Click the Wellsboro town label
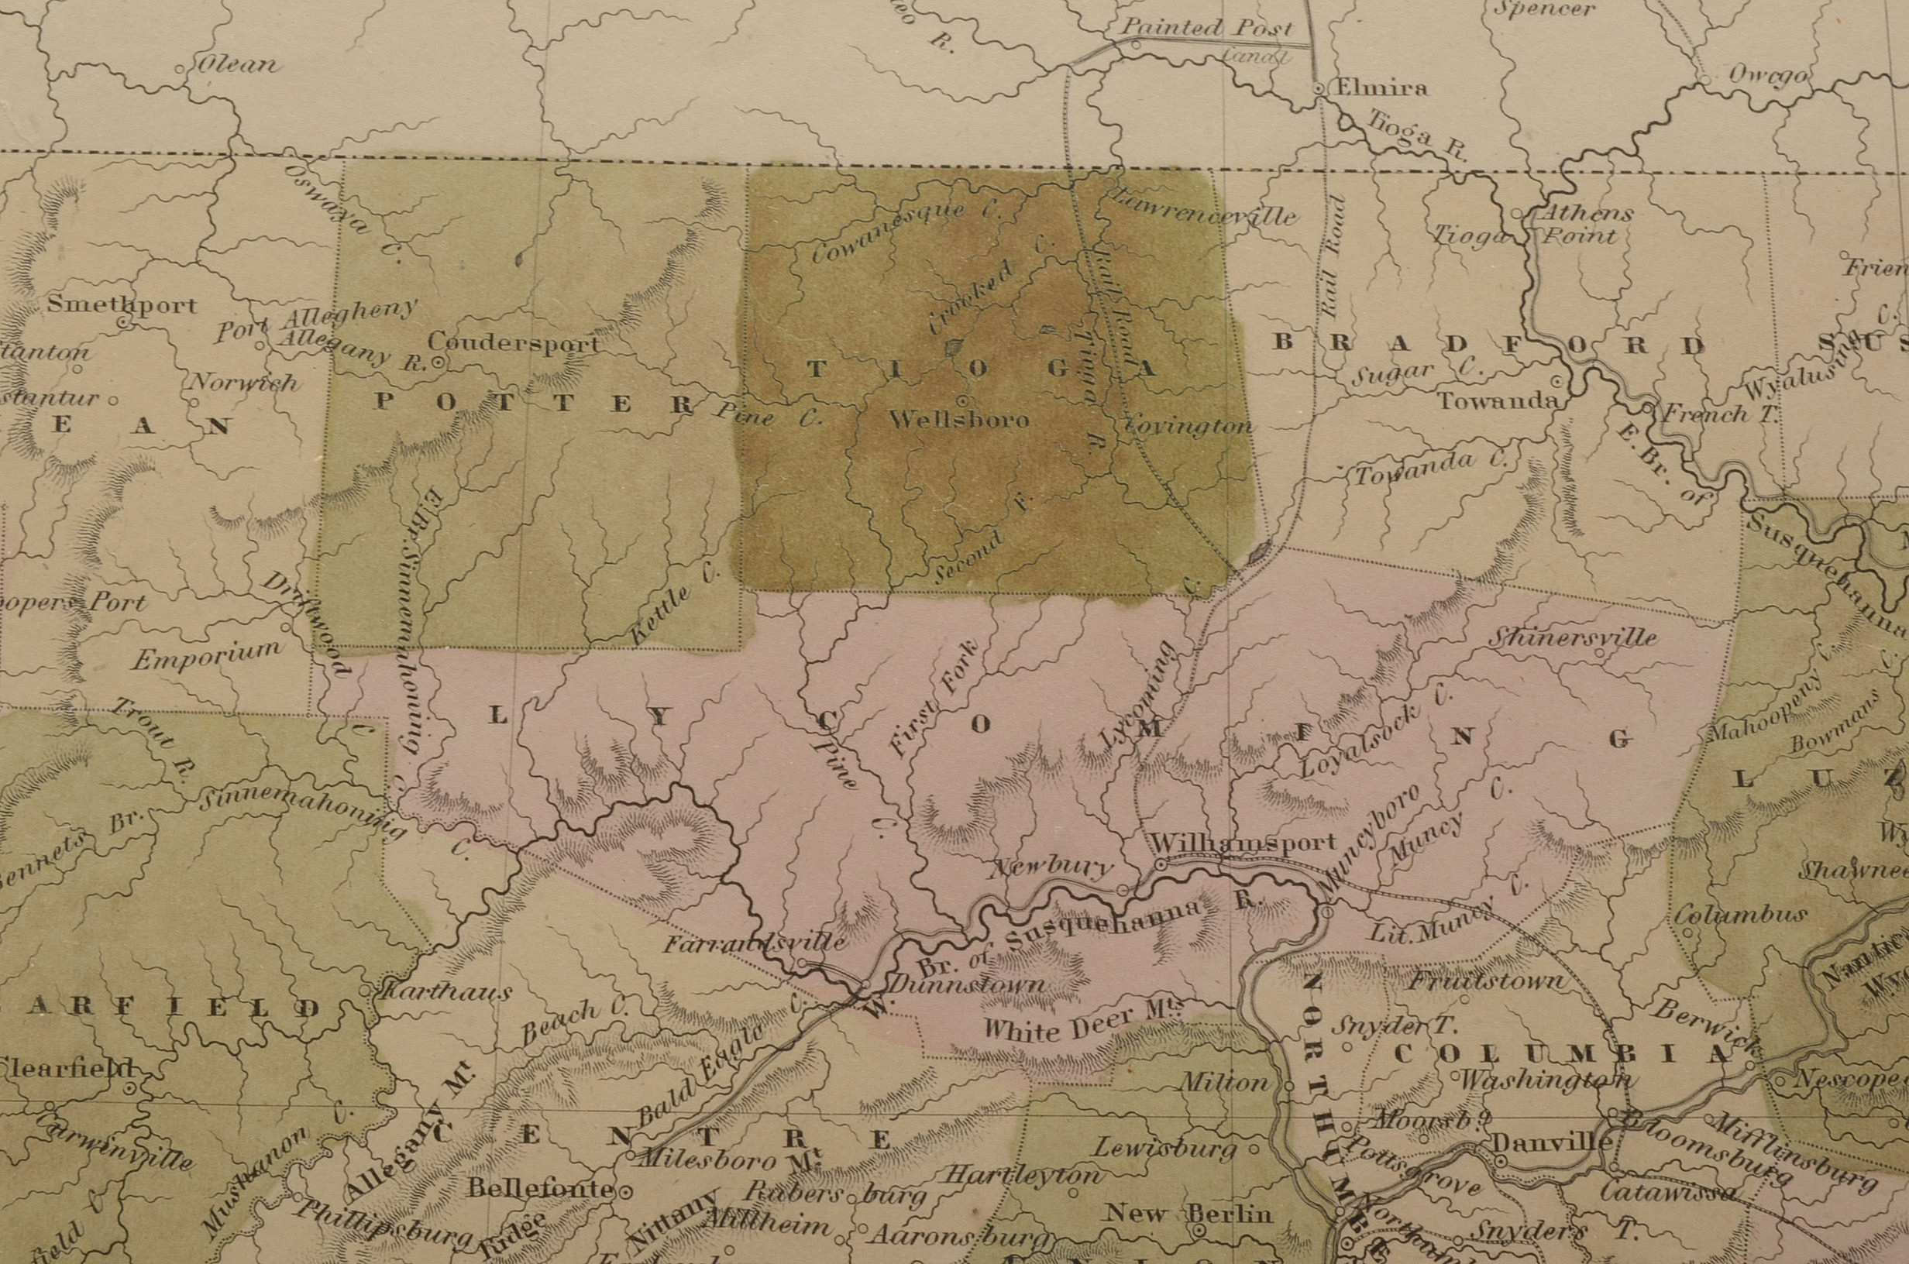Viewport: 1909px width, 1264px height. (x=958, y=420)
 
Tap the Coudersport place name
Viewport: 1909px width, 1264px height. (x=514, y=342)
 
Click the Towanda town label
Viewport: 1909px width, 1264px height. (x=1496, y=400)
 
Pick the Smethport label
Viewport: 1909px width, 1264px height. (x=122, y=304)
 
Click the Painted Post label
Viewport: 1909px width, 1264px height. (x=1207, y=26)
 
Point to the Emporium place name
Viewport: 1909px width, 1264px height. (x=206, y=655)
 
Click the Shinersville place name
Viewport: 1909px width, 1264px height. (x=1572, y=637)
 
